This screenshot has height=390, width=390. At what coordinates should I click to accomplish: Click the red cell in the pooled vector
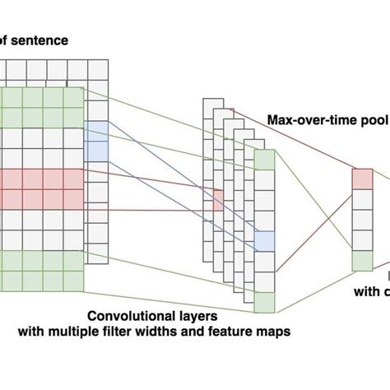coord(362,179)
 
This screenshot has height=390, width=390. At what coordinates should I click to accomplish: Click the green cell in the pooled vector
coord(362,261)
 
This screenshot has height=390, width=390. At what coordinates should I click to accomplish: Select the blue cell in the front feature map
coord(263,240)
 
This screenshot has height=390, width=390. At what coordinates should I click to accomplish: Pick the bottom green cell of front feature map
coord(263,301)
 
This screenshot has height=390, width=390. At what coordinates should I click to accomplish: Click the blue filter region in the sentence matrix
coord(95,141)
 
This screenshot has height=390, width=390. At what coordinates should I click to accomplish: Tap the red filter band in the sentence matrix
coord(41,188)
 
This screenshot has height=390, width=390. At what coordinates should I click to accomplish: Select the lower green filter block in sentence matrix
coord(41,271)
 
